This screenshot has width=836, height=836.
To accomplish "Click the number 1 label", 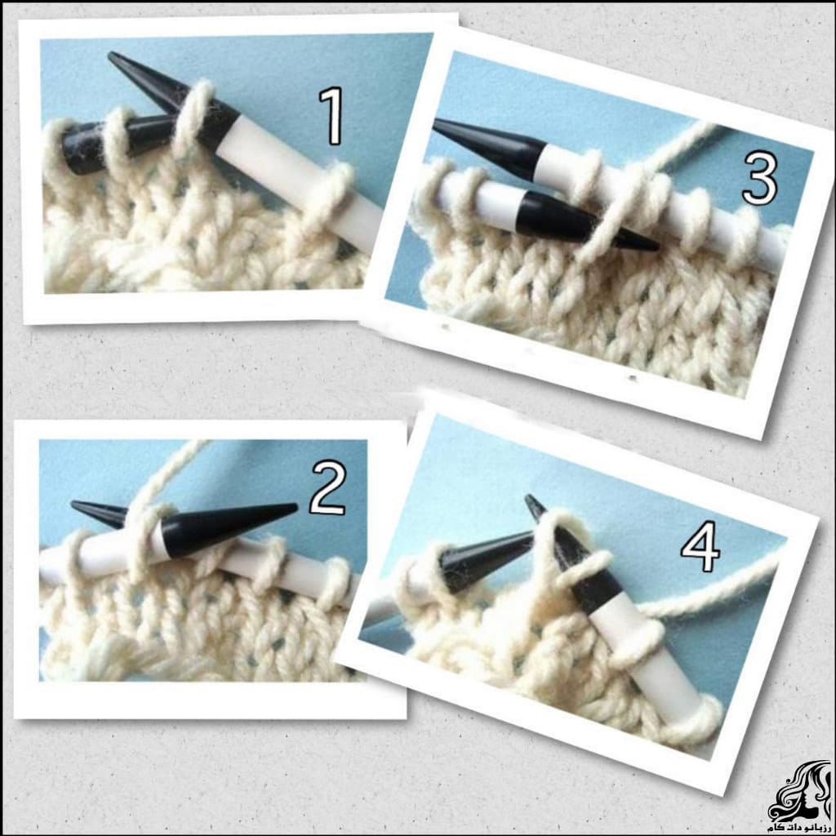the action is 331,116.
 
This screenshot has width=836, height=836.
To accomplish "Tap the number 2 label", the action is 328,488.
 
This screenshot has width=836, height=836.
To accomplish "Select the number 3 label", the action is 760,178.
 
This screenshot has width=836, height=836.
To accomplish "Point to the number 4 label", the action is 700,546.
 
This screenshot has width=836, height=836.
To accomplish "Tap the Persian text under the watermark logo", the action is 798,828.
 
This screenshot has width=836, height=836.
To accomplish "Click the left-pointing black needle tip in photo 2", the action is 72,503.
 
